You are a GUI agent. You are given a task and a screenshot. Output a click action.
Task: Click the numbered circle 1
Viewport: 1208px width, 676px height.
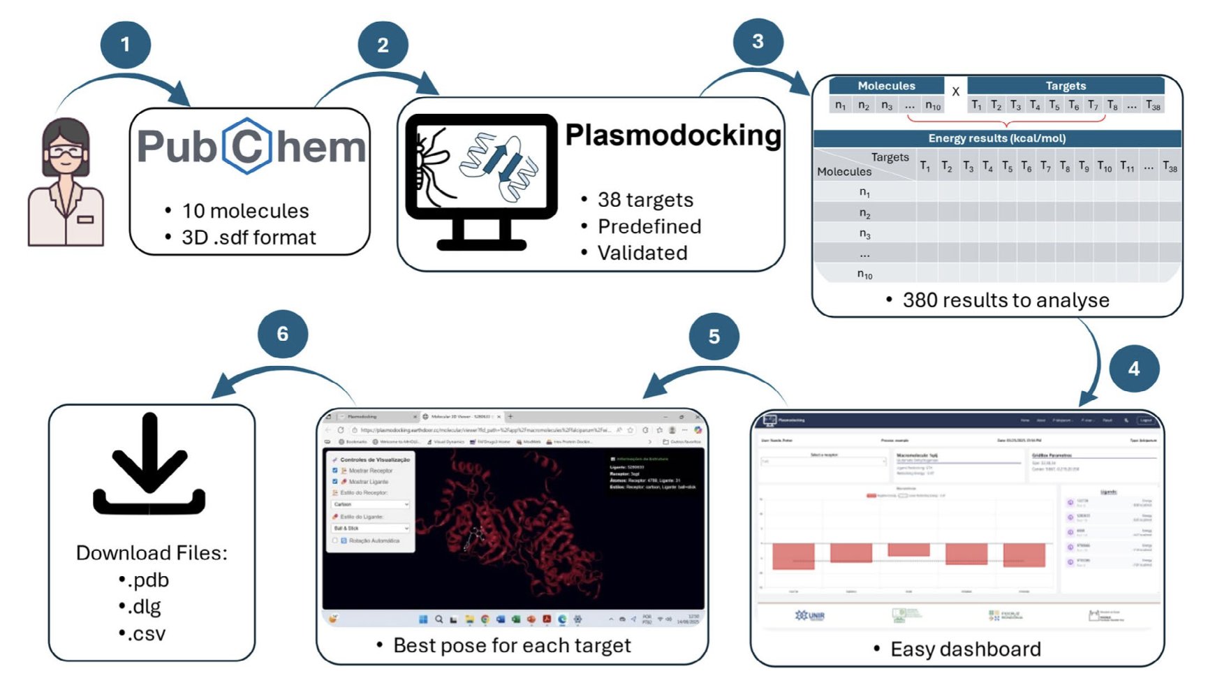click(x=126, y=45)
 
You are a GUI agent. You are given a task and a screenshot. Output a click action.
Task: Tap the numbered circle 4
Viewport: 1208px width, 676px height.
click(x=1134, y=368)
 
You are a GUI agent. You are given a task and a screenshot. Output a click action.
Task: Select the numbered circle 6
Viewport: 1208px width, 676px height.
click(x=283, y=334)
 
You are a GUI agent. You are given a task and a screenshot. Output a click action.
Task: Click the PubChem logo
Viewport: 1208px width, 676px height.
click(x=251, y=147)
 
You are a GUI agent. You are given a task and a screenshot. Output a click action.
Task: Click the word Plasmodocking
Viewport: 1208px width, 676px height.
click(x=673, y=135)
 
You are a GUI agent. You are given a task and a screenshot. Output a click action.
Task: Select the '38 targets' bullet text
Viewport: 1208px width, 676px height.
click(x=645, y=200)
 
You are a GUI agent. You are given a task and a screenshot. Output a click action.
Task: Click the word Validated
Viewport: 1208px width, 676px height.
click(x=642, y=253)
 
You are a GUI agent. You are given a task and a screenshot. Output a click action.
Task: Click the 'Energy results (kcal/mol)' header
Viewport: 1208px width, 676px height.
click(x=996, y=138)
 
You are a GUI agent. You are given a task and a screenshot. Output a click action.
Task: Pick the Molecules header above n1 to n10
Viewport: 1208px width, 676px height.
click(x=886, y=86)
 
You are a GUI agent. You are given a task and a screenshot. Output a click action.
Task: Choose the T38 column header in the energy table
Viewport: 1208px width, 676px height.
click(x=1170, y=167)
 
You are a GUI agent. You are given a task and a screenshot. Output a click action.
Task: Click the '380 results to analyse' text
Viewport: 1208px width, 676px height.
click(x=1006, y=300)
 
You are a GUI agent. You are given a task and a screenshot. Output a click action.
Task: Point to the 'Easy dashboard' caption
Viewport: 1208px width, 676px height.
click(x=966, y=649)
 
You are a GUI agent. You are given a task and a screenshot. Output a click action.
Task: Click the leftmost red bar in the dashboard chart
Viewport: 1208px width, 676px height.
click(x=793, y=556)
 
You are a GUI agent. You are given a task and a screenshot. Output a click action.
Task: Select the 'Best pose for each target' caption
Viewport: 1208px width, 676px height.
click(x=512, y=645)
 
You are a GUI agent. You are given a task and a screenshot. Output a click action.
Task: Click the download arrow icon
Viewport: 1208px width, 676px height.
click(x=149, y=464)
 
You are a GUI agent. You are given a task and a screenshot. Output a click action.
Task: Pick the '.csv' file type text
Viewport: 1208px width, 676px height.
click(x=147, y=634)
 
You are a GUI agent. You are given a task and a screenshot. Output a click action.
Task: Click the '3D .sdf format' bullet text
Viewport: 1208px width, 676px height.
click(x=249, y=237)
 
